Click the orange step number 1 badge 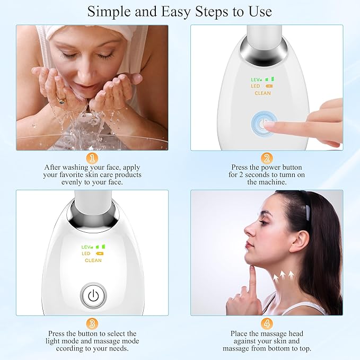coord(92,158)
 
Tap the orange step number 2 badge coord(267,158)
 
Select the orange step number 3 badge coord(92,323)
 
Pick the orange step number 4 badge coord(267,323)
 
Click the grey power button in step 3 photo coord(93,296)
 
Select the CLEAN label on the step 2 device coord(262,93)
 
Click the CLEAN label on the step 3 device coord(93,260)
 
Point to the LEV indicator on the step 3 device coord(87,247)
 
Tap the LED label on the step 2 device coord(255,86)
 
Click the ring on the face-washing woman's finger coord(62,99)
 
